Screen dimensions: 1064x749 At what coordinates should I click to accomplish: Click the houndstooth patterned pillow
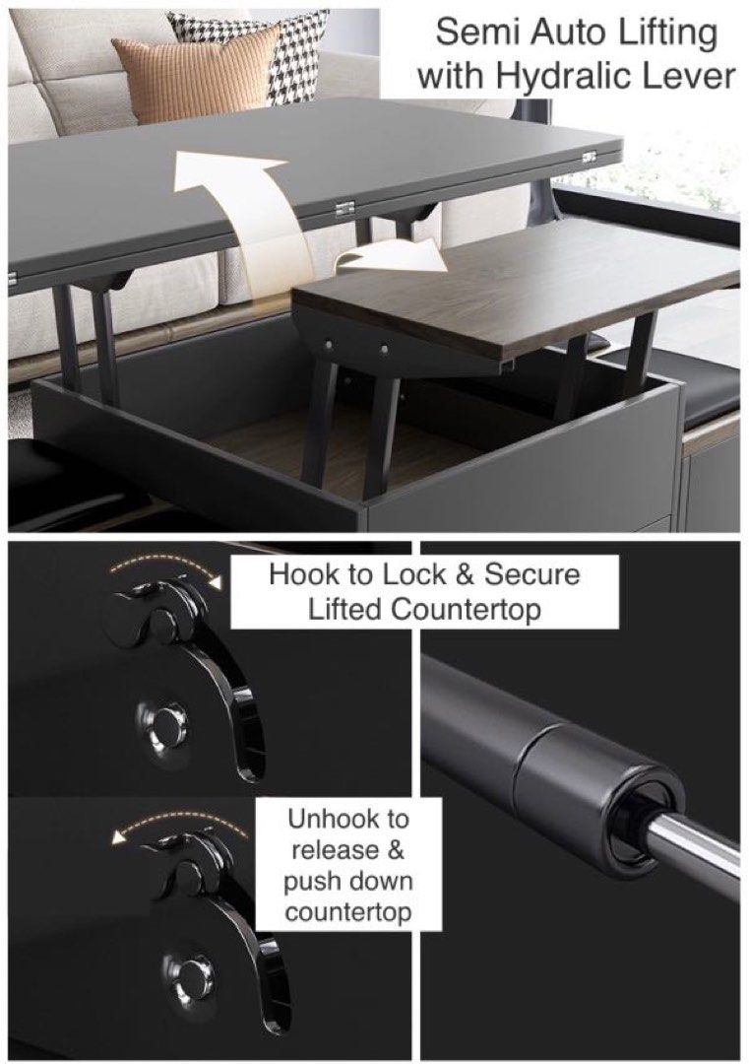(294, 49)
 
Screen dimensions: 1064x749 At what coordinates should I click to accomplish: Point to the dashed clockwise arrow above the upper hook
(162, 570)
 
